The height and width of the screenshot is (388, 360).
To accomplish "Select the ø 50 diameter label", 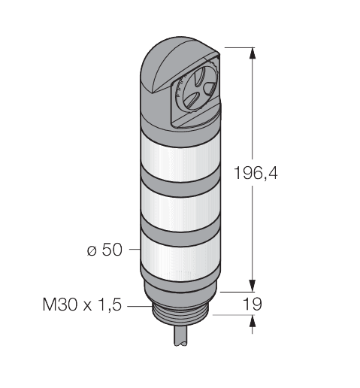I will click(x=104, y=249).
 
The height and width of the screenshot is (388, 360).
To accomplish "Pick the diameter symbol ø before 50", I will click(x=92, y=249).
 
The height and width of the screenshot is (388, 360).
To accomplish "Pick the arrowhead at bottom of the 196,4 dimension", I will click(x=251, y=285).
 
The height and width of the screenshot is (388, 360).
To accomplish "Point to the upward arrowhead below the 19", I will click(x=251, y=322).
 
